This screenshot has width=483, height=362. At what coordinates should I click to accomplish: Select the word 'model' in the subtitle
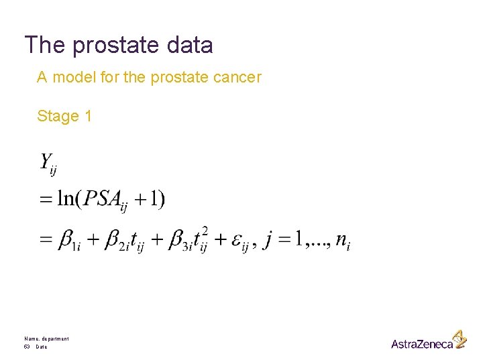[73, 78]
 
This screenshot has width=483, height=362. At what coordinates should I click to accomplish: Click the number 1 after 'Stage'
[88, 116]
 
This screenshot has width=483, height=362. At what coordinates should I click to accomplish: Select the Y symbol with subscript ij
[48, 164]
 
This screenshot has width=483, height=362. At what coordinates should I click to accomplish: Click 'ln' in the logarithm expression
[66, 199]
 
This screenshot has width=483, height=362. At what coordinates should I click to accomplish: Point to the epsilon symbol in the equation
[237, 240]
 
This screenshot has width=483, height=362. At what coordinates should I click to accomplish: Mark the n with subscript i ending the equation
[343, 240]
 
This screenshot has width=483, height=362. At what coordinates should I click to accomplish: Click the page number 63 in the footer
[28, 347]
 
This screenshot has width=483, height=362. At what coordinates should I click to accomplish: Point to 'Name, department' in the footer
[46, 339]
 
